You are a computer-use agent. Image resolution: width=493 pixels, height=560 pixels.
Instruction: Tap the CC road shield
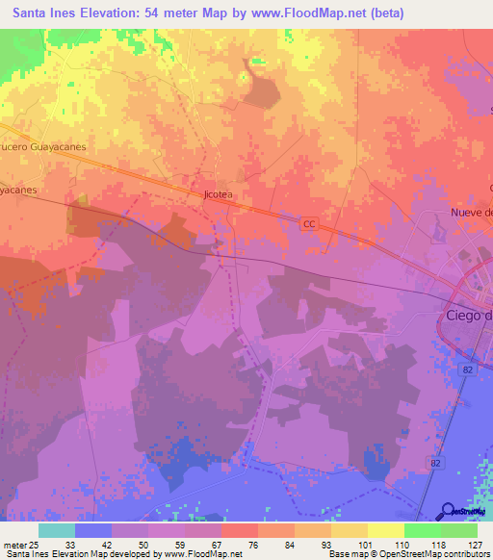309,223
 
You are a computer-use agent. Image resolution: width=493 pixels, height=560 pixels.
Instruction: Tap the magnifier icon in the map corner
450,512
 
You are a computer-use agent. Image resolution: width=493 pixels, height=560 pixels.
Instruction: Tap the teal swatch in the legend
57,529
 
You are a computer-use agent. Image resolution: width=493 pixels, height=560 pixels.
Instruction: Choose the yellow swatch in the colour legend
385,529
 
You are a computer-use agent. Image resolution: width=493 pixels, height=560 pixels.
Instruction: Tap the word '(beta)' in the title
385,13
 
